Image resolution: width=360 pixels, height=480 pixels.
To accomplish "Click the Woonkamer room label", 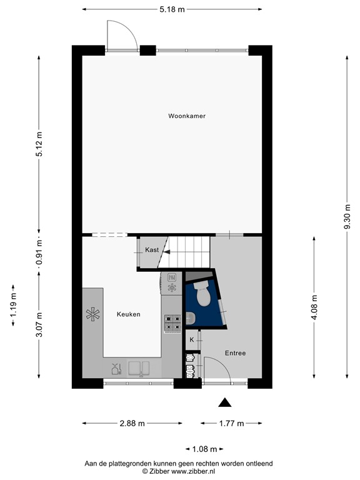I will coord(186,116).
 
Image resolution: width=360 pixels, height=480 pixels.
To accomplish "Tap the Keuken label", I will coord(128,314).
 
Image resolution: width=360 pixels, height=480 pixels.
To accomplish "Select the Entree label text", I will coord(235,353).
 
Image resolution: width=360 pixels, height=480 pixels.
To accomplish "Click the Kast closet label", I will coord(151,250).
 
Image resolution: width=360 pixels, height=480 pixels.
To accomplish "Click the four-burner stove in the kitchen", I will coord(172,322).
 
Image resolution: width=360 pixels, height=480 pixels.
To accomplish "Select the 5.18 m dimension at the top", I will coord(172,9).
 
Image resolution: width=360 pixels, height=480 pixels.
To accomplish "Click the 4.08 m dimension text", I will coord(314,307).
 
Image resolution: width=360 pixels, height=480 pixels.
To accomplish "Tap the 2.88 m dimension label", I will coord(131,423).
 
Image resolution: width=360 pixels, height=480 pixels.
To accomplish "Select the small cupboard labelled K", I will coord(192,340).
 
